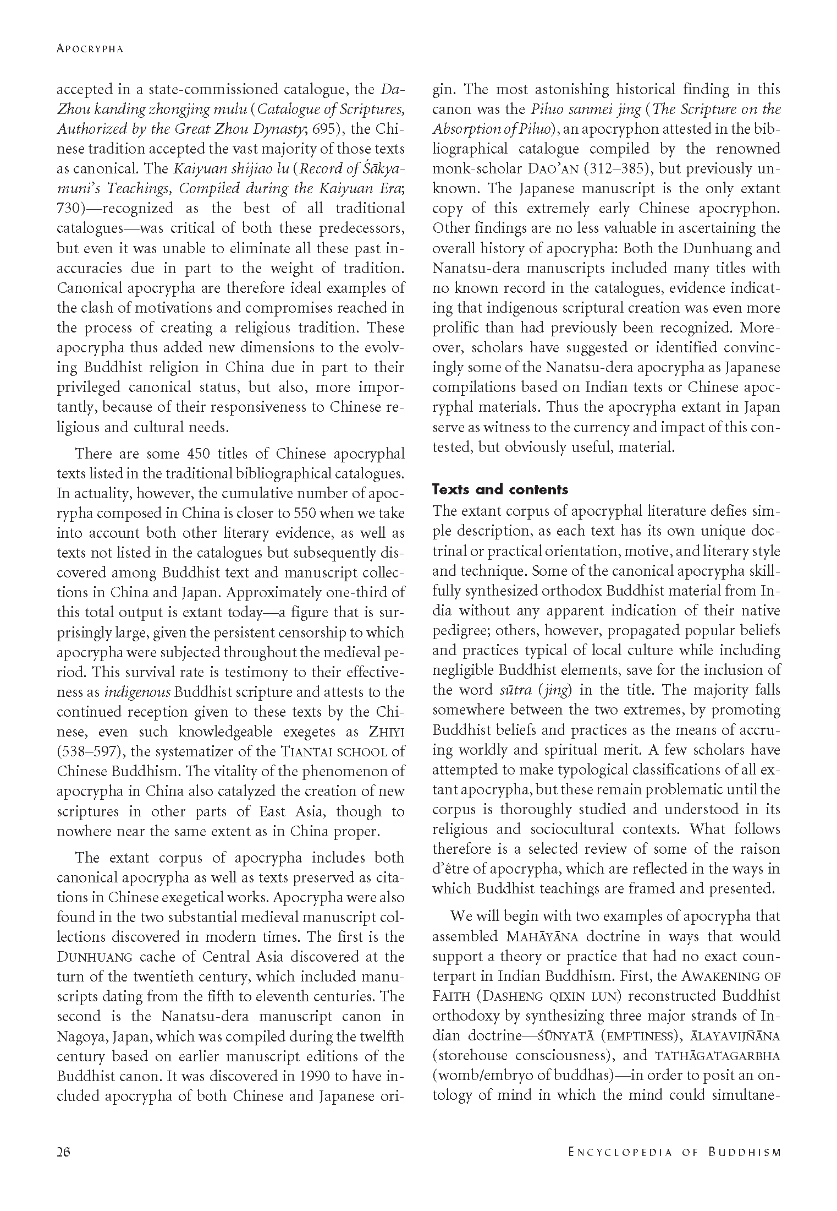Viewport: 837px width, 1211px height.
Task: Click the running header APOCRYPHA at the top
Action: click(x=90, y=49)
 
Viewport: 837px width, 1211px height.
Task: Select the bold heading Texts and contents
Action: click(x=500, y=489)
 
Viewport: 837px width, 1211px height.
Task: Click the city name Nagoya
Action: click(x=82, y=1037)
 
